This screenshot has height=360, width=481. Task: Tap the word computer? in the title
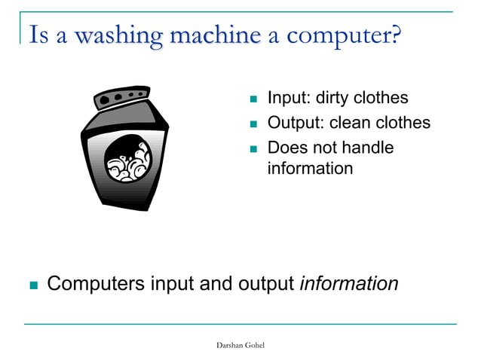[343, 35]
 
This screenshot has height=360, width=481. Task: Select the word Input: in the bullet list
[290, 98]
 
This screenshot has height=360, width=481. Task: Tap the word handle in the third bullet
[368, 148]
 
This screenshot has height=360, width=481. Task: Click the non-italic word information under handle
[310, 168]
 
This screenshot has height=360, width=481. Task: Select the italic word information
[348, 284]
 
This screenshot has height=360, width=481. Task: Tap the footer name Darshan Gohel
[240, 344]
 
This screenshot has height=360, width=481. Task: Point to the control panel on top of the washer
[125, 96]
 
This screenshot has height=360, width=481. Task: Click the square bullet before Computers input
[32, 285]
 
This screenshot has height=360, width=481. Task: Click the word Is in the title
[38, 35]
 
